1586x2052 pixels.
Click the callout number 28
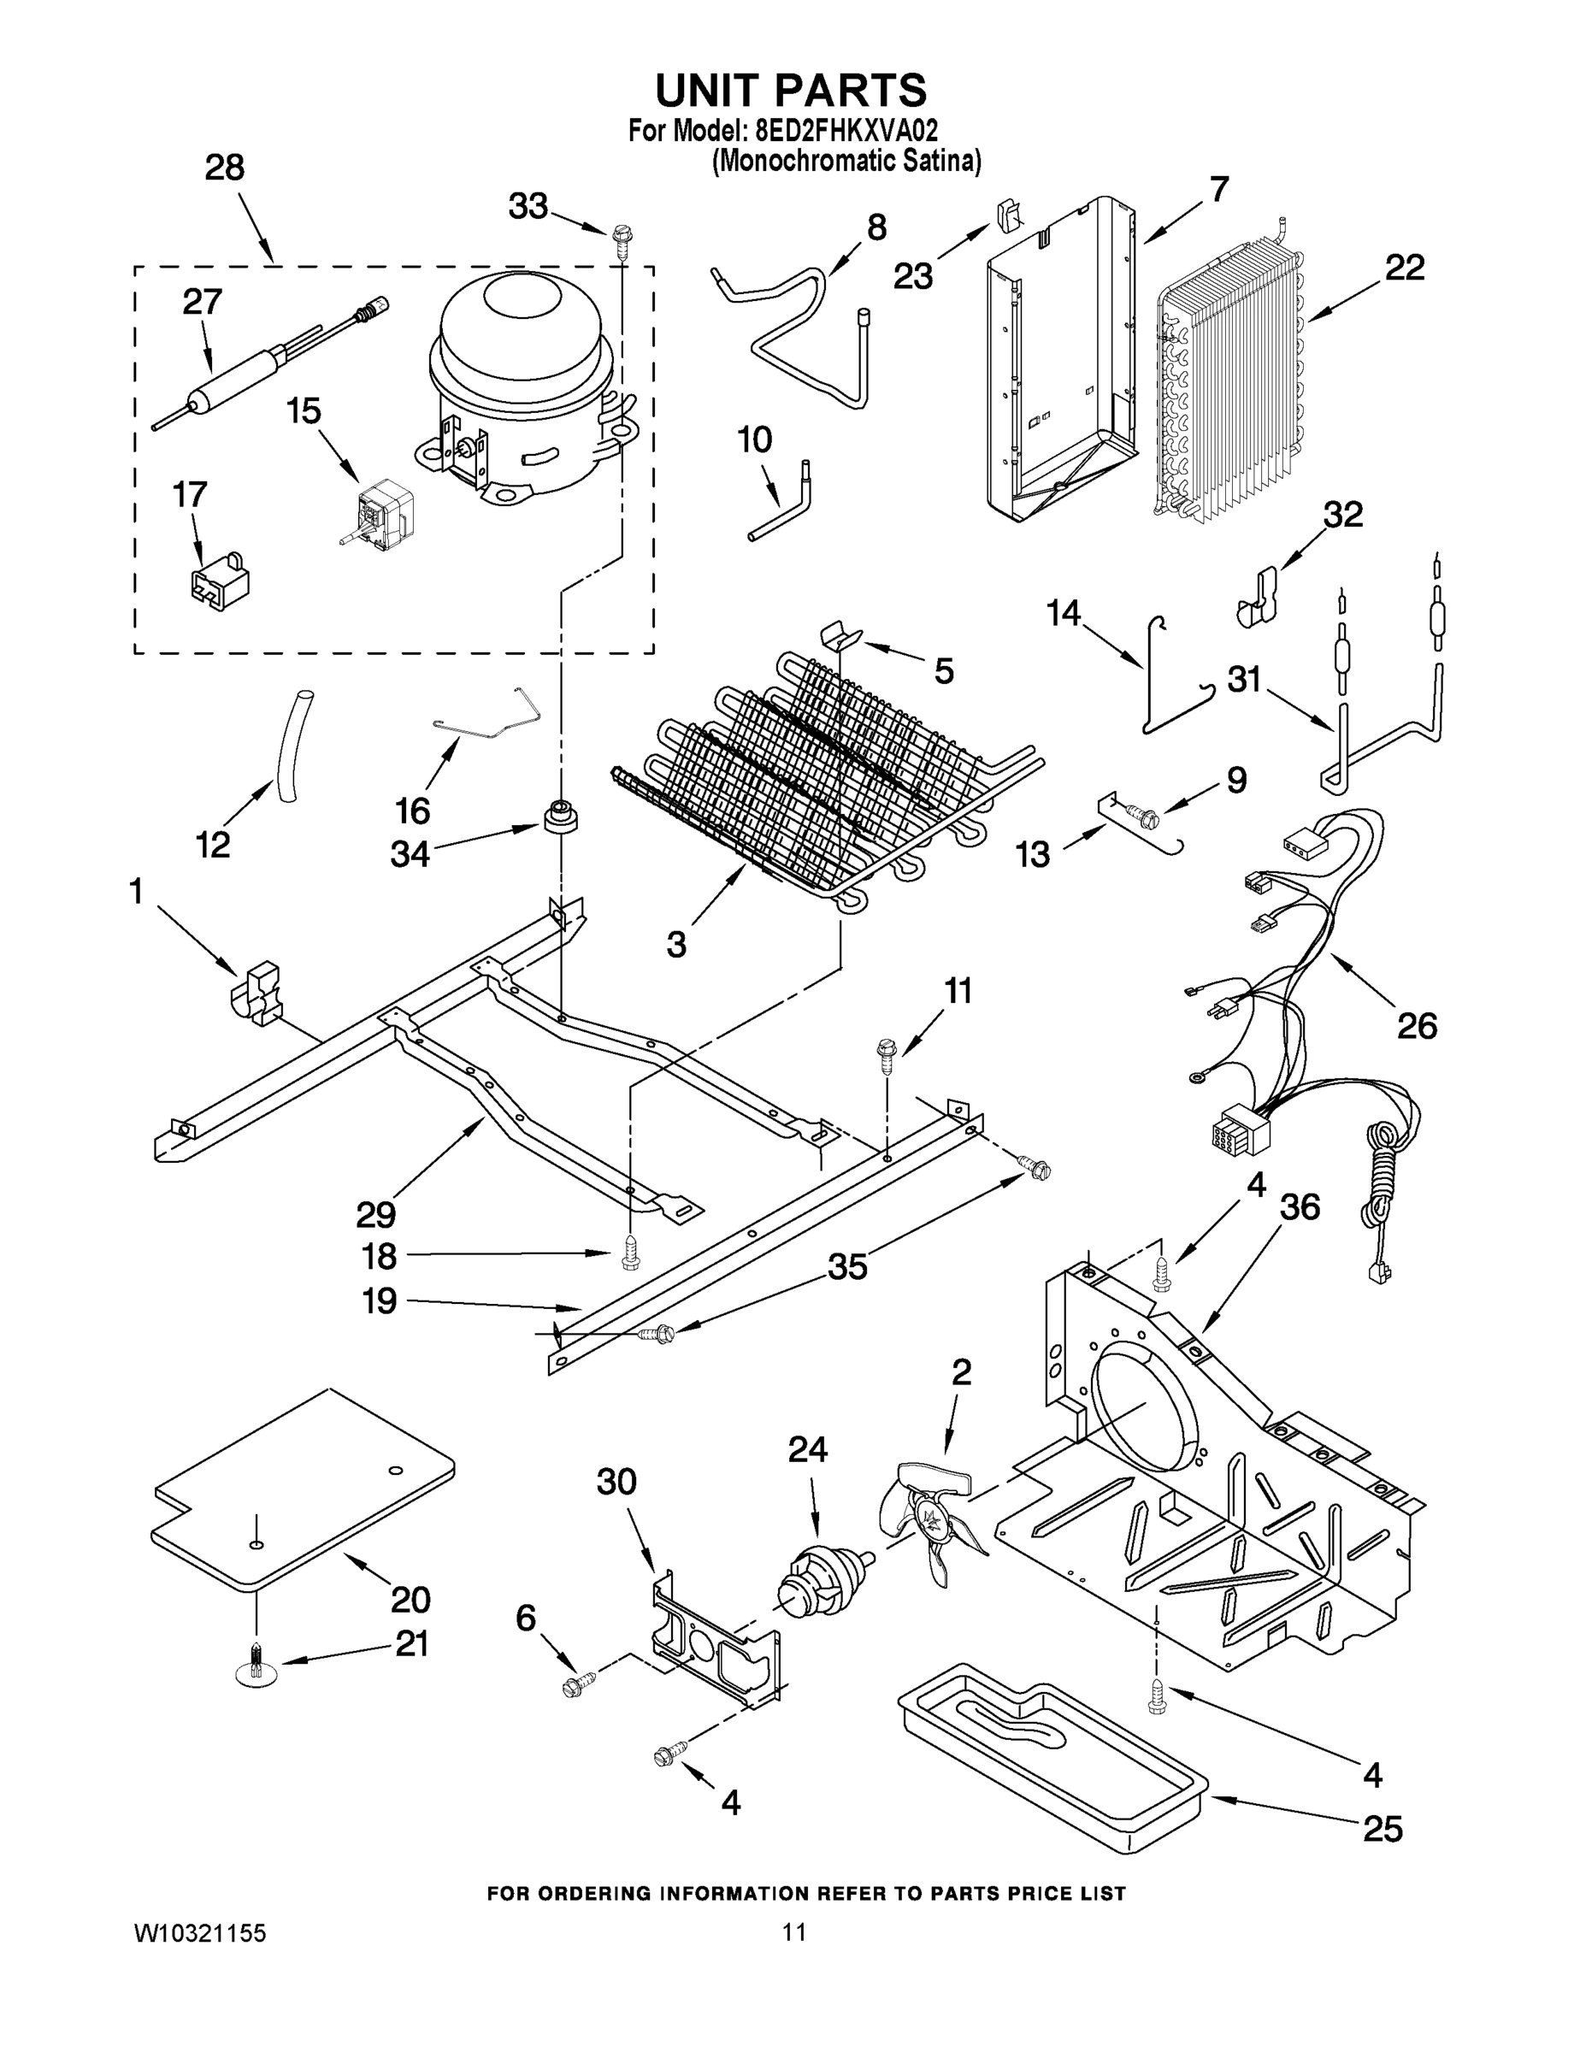click(225, 168)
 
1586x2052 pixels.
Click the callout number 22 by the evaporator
click(1405, 268)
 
